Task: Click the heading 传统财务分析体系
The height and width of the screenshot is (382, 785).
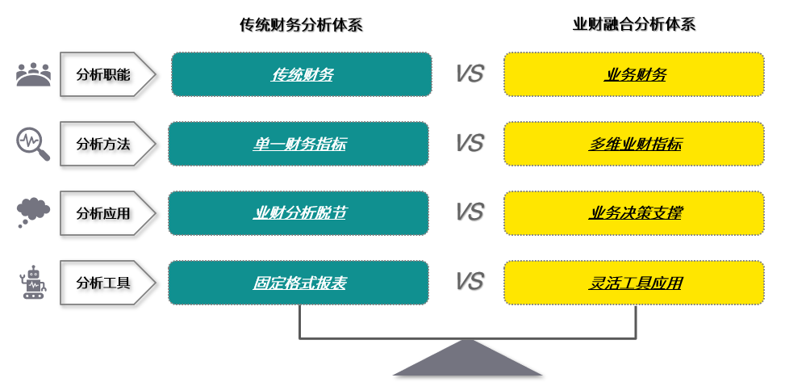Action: (x=301, y=24)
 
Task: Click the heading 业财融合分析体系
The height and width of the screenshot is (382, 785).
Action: (x=634, y=24)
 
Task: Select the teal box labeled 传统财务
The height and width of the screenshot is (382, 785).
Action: (x=302, y=74)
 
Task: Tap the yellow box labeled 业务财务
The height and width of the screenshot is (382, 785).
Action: (x=634, y=74)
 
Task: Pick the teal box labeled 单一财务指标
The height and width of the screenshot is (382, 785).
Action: (x=299, y=144)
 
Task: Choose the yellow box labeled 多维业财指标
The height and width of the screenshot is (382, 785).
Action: (x=634, y=144)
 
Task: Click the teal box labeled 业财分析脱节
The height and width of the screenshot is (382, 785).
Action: (x=299, y=213)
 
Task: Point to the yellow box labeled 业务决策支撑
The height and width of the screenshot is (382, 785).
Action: (x=634, y=213)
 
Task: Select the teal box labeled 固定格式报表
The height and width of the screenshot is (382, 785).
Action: (x=299, y=283)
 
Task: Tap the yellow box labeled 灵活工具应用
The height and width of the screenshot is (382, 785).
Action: (x=634, y=283)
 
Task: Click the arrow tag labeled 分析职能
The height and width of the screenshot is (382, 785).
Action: (x=107, y=74)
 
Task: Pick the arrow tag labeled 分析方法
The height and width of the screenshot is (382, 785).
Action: (x=107, y=144)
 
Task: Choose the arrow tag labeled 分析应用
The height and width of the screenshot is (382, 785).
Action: (x=107, y=213)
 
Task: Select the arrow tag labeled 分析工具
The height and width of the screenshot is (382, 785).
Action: (x=107, y=283)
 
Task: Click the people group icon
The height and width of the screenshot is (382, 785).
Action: (x=34, y=74)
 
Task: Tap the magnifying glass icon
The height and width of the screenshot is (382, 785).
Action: (x=33, y=145)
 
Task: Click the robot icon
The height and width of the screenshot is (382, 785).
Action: (x=34, y=282)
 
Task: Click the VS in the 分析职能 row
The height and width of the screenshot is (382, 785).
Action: (x=469, y=73)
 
